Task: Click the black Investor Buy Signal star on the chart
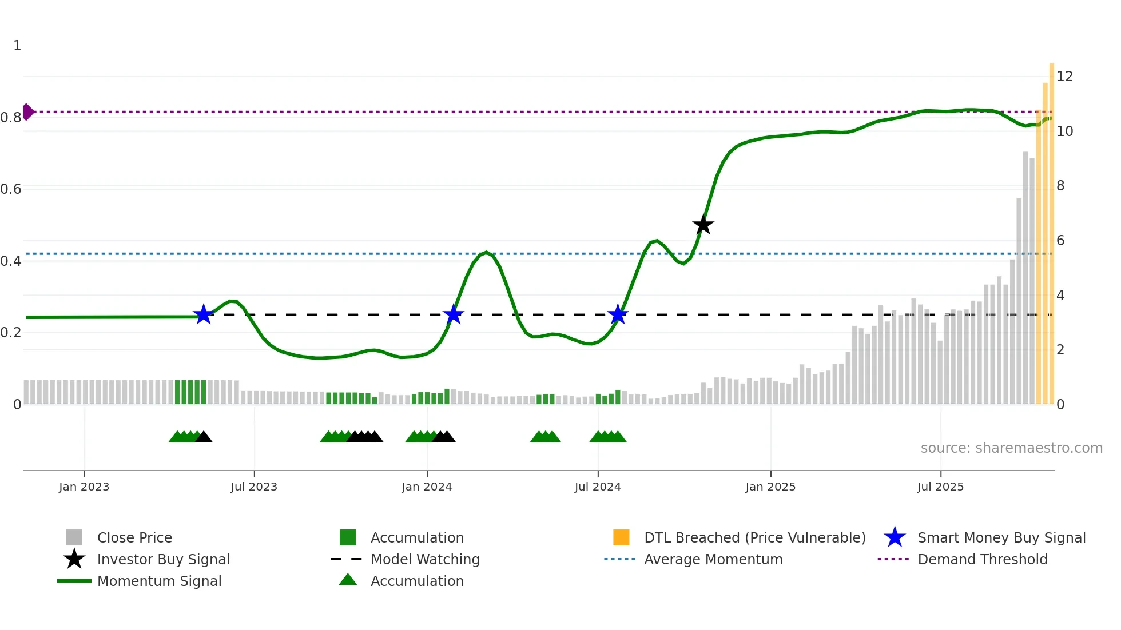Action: point(703,225)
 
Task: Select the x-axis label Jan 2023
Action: point(84,487)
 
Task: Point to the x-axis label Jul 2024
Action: point(598,487)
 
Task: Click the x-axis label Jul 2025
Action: point(940,487)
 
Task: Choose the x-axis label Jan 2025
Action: point(770,487)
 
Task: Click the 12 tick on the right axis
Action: point(1064,77)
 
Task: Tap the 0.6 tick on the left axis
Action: point(11,189)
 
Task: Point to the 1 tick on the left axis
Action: point(17,46)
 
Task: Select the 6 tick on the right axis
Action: point(1060,241)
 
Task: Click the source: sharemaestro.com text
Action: point(1011,448)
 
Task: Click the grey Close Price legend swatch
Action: point(74,537)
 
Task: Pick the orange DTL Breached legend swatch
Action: point(621,537)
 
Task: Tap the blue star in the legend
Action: point(895,537)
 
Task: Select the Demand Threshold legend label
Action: point(982,560)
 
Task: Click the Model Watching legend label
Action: point(425,560)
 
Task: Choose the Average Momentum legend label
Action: point(713,560)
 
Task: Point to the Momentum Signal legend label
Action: point(159,581)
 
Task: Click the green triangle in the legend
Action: point(348,580)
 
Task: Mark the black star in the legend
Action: point(74,559)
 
